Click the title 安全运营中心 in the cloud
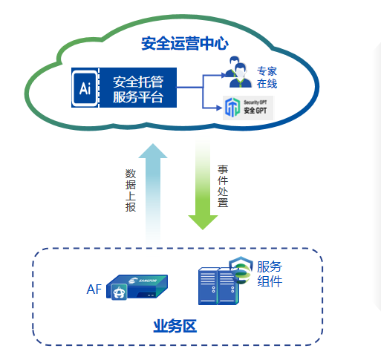(x=184, y=44)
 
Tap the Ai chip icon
(x=85, y=88)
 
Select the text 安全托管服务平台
(x=138, y=89)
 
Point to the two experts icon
(x=237, y=72)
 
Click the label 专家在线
(x=267, y=77)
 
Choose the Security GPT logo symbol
(x=232, y=108)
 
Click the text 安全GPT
(x=255, y=111)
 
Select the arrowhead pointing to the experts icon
(x=224, y=75)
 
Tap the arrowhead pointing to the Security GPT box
(x=219, y=108)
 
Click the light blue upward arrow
(x=153, y=193)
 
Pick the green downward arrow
(x=203, y=183)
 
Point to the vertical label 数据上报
(x=131, y=190)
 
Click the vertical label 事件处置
(x=223, y=186)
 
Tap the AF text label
(x=94, y=289)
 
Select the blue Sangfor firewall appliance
(x=137, y=287)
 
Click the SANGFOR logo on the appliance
(x=143, y=281)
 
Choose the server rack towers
(x=218, y=286)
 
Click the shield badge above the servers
(x=241, y=269)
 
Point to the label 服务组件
(x=270, y=274)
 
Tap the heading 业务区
(x=175, y=326)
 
